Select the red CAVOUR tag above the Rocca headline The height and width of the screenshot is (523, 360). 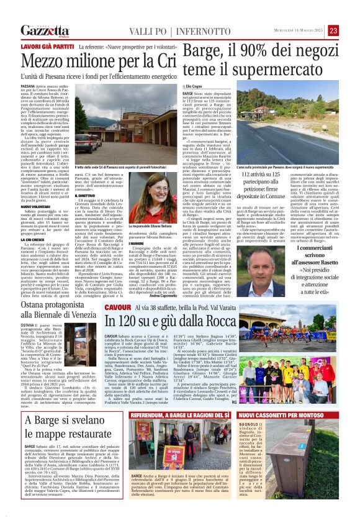tap(117, 307)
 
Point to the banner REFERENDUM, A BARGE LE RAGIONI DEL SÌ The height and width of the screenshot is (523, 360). tap(182, 414)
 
